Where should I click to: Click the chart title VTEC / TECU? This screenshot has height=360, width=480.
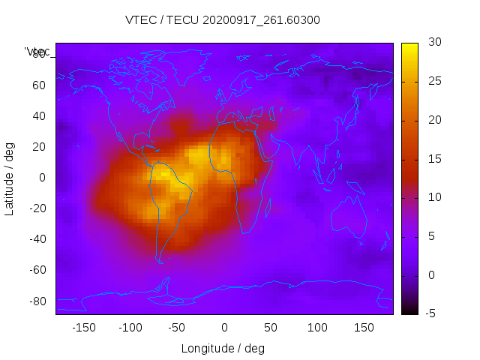click(223, 20)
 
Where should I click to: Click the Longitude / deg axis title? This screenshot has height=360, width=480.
click(223, 349)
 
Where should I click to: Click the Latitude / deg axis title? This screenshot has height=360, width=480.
click(10, 178)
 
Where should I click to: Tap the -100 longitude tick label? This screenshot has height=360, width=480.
click(130, 328)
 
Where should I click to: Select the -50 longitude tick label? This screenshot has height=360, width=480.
click(177, 328)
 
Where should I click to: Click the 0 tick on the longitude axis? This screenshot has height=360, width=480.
click(223, 328)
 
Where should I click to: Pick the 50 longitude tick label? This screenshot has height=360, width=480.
click(270, 328)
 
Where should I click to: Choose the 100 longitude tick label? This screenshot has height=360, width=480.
click(317, 328)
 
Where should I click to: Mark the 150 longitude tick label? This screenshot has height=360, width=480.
click(364, 328)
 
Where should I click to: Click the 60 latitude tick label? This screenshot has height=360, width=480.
click(38, 85)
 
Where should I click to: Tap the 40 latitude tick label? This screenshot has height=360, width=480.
click(38, 116)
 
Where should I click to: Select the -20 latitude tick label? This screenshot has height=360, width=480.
click(36, 208)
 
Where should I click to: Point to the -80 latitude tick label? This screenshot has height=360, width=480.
click(36, 301)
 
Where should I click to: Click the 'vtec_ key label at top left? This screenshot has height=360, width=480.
click(37, 52)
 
